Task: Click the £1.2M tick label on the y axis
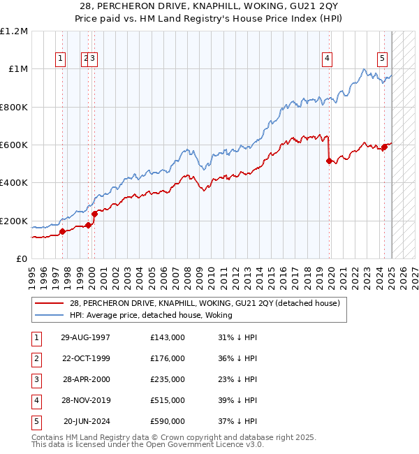14,31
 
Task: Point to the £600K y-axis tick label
14,145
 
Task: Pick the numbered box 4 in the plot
327,59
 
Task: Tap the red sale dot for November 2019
329,161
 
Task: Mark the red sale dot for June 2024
384,147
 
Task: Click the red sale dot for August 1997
62,232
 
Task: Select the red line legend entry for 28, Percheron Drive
205,303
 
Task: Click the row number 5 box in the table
36,421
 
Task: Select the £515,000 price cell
168,400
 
